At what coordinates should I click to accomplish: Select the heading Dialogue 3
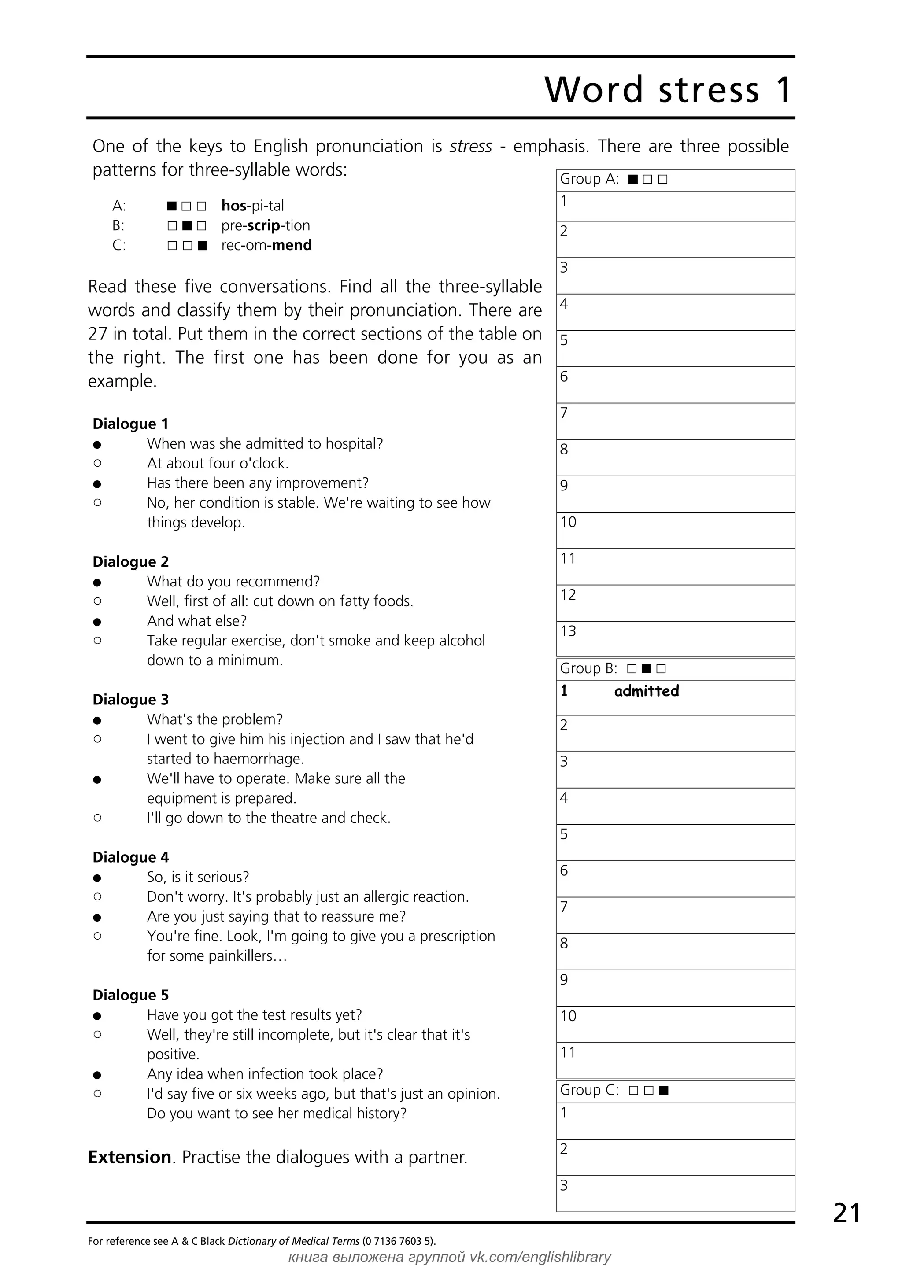[131, 699]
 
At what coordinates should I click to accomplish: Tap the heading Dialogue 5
[131, 995]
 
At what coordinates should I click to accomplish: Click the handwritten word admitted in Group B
[647, 691]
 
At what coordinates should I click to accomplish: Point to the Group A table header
[614, 179]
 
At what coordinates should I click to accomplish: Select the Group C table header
[614, 1090]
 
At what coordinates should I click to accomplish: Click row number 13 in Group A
[568, 631]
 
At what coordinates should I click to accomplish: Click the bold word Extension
[129, 1157]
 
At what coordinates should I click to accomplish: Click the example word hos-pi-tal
[252, 206]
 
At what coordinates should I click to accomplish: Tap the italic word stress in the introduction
[471, 146]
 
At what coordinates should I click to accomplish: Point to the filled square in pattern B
[187, 225]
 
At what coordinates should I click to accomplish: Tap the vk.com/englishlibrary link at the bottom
[540, 1257]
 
